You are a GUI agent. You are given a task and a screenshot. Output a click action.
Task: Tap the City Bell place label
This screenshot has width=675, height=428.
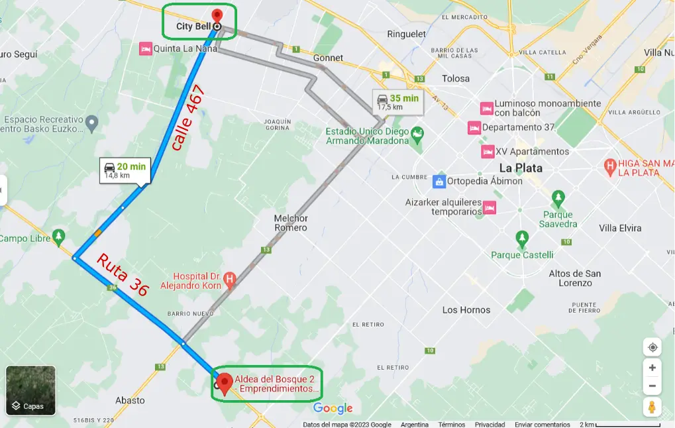tap(193, 27)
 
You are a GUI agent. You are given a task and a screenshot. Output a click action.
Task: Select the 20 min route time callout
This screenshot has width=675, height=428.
tap(125, 170)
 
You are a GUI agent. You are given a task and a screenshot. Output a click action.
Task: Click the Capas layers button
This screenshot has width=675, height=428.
tap(31, 390)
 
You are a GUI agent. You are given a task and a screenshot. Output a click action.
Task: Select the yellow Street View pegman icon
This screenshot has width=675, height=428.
tap(652, 407)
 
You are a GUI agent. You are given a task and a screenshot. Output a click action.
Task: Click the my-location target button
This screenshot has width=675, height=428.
tap(652, 348)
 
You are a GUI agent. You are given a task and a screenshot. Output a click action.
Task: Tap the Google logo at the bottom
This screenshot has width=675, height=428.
tap(333, 408)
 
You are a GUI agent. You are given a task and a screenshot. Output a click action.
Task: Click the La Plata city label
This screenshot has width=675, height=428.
tap(521, 168)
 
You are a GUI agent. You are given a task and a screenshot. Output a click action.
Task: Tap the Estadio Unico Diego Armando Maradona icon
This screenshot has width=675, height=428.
tap(417, 136)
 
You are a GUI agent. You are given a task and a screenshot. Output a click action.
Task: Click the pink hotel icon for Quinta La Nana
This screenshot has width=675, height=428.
tap(145, 48)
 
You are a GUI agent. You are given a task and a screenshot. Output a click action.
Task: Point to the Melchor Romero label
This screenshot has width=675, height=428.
tap(291, 223)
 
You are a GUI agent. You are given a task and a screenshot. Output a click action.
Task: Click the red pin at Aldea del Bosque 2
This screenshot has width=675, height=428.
tap(225, 383)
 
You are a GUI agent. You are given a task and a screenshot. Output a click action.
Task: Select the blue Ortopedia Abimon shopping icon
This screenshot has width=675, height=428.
tap(439, 181)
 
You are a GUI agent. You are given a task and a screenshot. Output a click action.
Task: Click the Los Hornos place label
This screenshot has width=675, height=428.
tap(466, 310)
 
